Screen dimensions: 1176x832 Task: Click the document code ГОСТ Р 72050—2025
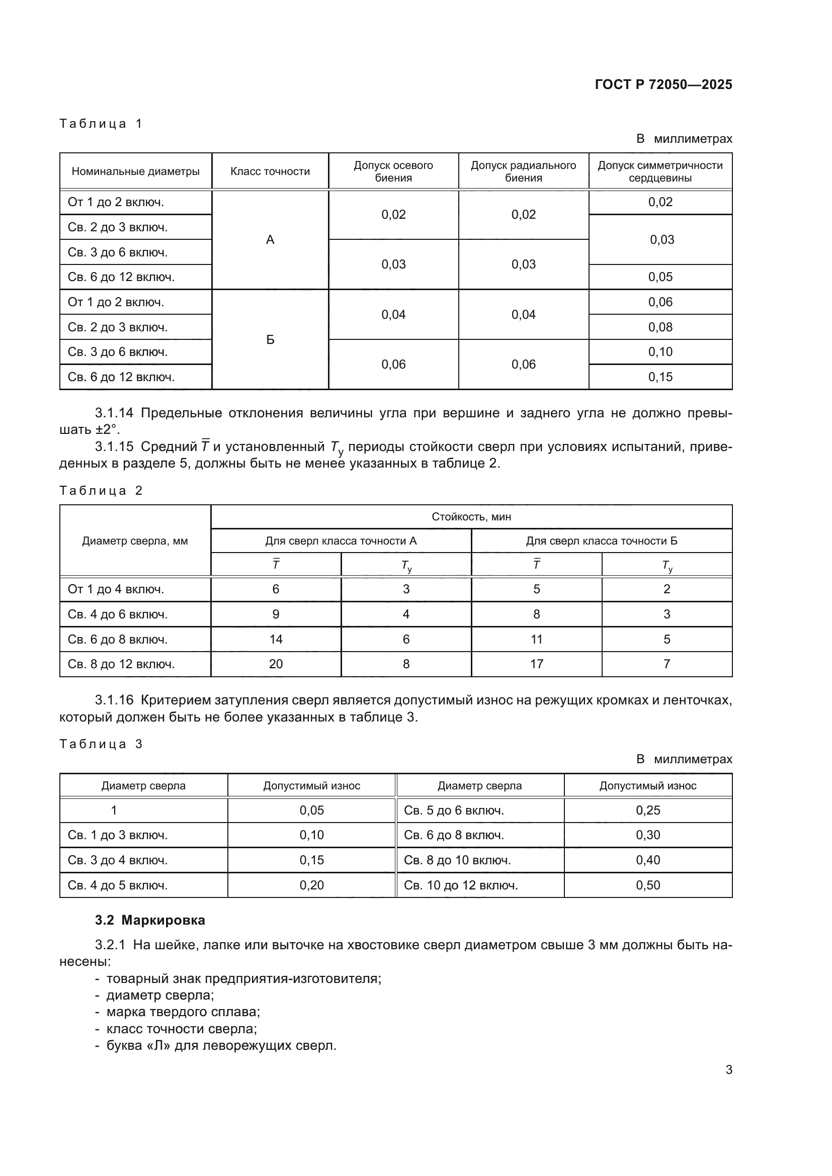pos(663,84)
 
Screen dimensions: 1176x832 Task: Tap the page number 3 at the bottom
pos(728,1070)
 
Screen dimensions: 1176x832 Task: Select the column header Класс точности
pos(270,171)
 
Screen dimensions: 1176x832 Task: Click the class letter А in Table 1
pos(270,240)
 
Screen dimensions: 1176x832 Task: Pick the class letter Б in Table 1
pos(270,340)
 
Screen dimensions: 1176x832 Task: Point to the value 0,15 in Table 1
pos(660,377)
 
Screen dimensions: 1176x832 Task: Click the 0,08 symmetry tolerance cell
pos(660,327)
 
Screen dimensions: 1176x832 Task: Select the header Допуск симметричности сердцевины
pos(660,171)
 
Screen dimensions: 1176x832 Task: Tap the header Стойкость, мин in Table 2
pos(471,517)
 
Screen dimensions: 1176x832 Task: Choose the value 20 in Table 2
pos(276,664)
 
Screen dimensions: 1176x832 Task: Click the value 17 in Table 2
pos(536,664)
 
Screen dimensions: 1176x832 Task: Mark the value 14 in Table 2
pos(276,639)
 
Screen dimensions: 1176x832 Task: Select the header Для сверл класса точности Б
pos(602,541)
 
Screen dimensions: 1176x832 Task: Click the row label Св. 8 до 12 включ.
pos(121,664)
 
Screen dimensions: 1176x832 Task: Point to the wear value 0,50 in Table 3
pos(647,885)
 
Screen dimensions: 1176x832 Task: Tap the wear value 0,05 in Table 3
pos(311,810)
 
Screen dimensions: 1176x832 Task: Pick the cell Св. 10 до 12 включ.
pos(461,885)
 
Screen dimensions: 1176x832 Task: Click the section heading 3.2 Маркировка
pos(149,920)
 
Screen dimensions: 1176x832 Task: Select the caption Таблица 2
pos(101,491)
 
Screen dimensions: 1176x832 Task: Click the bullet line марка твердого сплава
pos(183,1012)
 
